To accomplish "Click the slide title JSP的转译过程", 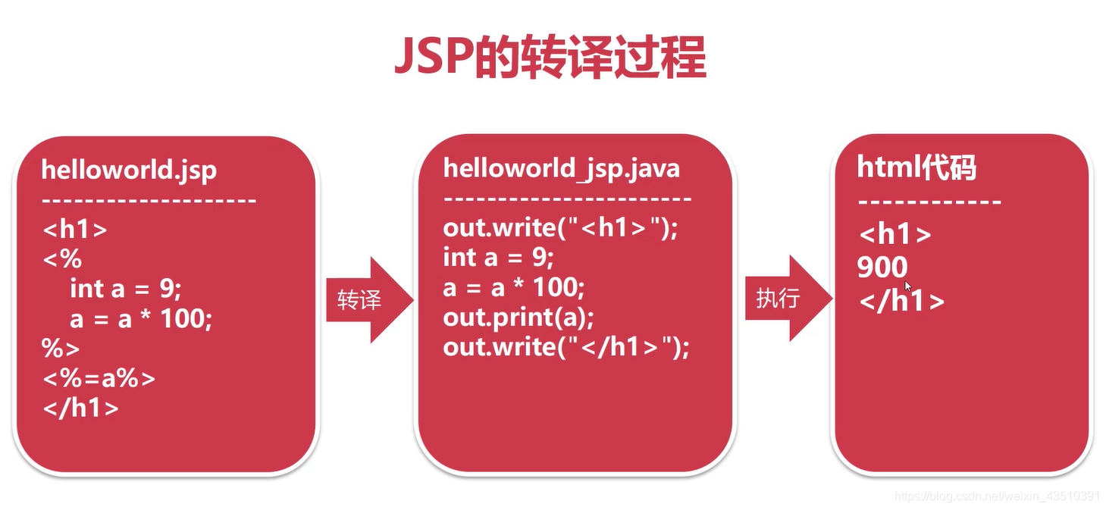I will [x=550, y=57].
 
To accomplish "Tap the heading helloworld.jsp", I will [x=129, y=169].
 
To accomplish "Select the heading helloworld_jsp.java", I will [x=561, y=167].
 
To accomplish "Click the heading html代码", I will [x=916, y=167].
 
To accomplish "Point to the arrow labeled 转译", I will [x=368, y=300].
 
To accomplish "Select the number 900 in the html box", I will [x=882, y=267].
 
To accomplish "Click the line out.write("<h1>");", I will [x=560, y=227].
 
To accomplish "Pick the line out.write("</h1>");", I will [x=566, y=347].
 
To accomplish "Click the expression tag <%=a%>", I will [x=99, y=377].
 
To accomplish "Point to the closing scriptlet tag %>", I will [x=61, y=348].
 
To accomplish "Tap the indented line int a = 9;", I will [x=126, y=289].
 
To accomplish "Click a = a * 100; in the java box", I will [x=514, y=287].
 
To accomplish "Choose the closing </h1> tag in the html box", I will [x=901, y=301].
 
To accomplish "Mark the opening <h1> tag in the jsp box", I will [x=74, y=229].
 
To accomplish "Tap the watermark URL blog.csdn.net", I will [x=996, y=496].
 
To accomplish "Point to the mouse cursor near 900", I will [x=908, y=286].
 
